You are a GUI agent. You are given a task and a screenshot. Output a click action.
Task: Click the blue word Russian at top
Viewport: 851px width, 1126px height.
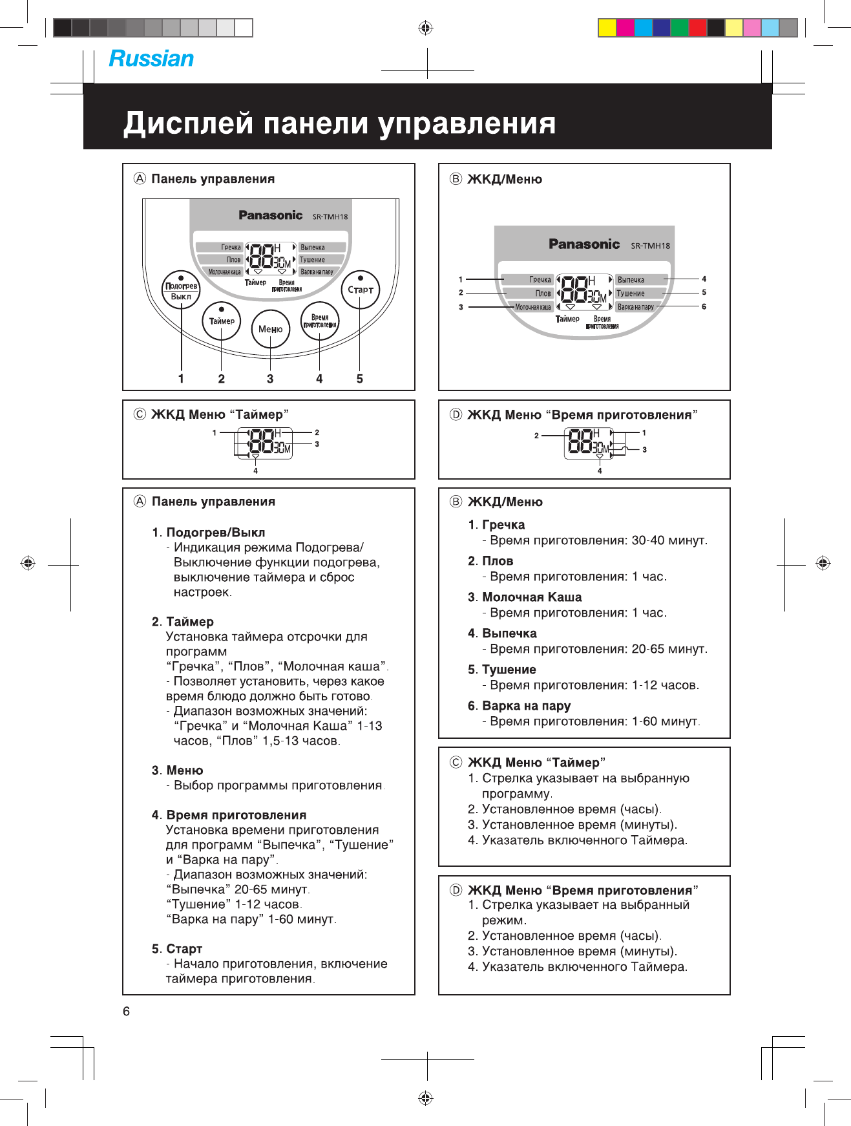[x=151, y=59]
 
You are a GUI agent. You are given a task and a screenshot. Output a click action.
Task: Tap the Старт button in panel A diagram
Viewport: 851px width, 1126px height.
[x=360, y=290]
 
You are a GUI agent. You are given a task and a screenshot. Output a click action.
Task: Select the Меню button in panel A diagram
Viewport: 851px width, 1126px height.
[x=270, y=329]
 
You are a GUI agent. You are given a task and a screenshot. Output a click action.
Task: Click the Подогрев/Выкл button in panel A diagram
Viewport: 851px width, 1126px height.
[x=181, y=290]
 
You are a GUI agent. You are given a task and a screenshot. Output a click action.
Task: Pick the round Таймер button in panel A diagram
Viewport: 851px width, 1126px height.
[x=222, y=321]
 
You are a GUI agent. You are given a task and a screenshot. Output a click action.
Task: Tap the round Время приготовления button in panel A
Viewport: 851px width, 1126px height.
[x=320, y=321]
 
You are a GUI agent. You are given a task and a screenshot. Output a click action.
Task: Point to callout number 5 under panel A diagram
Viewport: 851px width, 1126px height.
[x=360, y=379]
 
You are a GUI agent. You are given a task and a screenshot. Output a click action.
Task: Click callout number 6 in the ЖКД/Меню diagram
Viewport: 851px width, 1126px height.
[x=704, y=306]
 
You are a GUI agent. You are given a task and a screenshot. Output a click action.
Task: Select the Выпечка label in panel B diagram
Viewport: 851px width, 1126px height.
[x=631, y=280]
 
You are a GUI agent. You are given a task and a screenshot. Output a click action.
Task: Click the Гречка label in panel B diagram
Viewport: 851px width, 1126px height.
[x=540, y=280]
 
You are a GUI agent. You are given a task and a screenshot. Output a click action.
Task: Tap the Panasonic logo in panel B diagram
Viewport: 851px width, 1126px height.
[x=584, y=244]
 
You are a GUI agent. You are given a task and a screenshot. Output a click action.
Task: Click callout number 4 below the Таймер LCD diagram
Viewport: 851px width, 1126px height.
[x=256, y=471]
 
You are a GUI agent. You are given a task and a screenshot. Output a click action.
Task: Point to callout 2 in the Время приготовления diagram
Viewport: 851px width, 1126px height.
[x=536, y=436]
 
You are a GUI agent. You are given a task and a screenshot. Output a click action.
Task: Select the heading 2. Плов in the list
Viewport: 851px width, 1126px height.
[x=491, y=561]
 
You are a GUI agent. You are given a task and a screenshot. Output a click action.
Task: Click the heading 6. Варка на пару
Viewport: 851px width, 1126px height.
[x=520, y=706]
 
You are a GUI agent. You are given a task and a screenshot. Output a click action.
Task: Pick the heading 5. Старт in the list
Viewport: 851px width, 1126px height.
[x=178, y=949]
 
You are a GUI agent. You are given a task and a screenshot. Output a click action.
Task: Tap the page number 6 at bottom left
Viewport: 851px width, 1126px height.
[x=127, y=1012]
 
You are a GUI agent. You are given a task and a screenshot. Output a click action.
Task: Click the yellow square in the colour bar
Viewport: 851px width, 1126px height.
[x=607, y=28]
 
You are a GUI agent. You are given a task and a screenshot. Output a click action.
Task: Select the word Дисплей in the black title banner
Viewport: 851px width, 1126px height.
[x=188, y=123]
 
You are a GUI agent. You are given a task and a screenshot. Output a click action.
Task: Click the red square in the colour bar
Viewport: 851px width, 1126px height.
[x=698, y=28]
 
